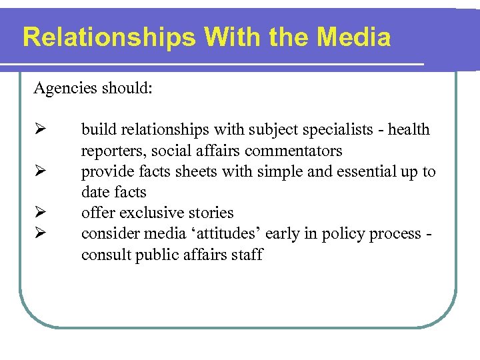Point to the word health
pos(410,129)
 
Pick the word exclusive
pos(147,213)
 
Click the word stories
pos(208,213)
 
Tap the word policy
pos(341,234)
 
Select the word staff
pos(246,255)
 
